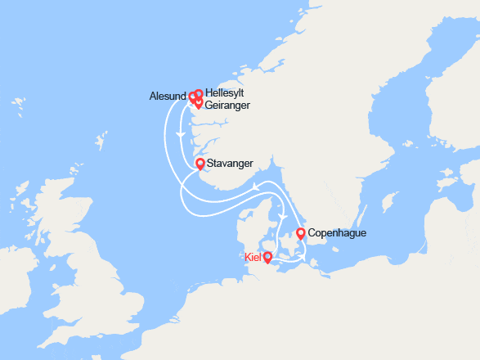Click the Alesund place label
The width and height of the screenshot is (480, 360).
[168, 95]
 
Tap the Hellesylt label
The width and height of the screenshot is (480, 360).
[225, 93]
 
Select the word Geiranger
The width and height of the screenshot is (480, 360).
[228, 106]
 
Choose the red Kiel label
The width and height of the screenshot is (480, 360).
[253, 257]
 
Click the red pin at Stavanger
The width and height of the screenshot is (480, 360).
[200, 164]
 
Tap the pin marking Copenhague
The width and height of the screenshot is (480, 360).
[301, 233]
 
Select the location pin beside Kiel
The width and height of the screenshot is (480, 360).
[267, 257]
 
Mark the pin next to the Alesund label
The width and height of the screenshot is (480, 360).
[193, 97]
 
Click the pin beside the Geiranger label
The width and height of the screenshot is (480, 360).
[198, 103]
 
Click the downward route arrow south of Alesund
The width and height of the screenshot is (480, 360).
[177, 133]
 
